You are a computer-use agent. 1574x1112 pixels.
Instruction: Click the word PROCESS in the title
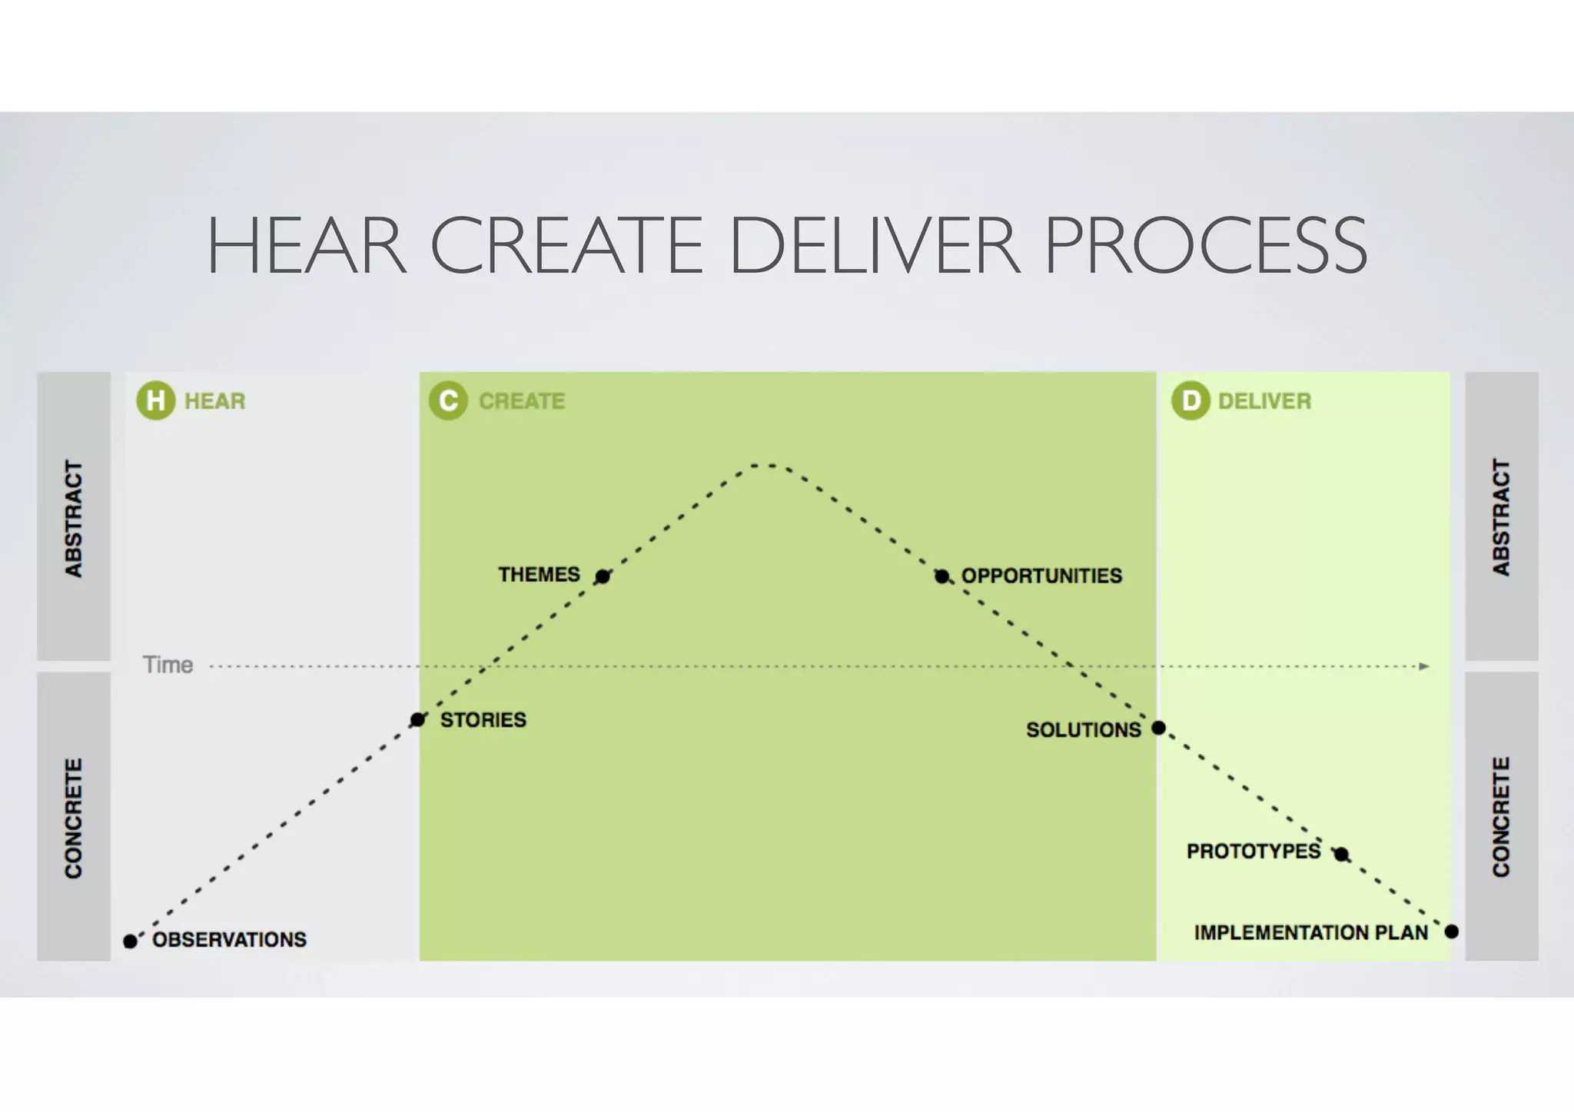click(x=1205, y=246)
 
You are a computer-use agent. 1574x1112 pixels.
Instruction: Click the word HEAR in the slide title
click(x=306, y=246)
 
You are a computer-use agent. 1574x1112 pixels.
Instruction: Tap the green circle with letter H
click(x=155, y=400)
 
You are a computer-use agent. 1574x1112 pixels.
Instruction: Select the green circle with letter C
click(x=448, y=400)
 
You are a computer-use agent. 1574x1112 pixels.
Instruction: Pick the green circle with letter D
click(x=1190, y=400)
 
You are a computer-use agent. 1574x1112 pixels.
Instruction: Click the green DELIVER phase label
click(x=1264, y=401)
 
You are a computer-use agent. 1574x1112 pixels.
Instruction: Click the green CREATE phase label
click(x=522, y=401)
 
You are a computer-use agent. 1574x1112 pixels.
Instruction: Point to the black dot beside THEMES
click(x=603, y=576)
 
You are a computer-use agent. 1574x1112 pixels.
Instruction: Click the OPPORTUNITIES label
click(x=1041, y=576)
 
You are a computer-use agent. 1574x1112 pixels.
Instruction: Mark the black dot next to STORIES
click(x=417, y=720)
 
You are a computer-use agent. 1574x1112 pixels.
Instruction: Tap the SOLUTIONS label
click(x=1084, y=729)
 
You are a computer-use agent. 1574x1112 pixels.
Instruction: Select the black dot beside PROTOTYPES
click(x=1341, y=854)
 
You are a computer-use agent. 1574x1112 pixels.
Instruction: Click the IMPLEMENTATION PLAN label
click(x=1310, y=932)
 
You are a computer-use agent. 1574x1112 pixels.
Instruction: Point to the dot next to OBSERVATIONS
click(x=131, y=941)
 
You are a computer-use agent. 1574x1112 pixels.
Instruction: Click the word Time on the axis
click(x=168, y=665)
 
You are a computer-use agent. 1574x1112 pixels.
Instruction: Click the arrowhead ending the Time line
click(x=1424, y=666)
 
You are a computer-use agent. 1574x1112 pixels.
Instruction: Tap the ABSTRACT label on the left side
click(x=74, y=519)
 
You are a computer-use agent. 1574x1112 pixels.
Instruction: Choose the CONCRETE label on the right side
click(x=1501, y=816)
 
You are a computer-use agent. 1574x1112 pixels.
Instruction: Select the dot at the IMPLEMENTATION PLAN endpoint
click(x=1451, y=931)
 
